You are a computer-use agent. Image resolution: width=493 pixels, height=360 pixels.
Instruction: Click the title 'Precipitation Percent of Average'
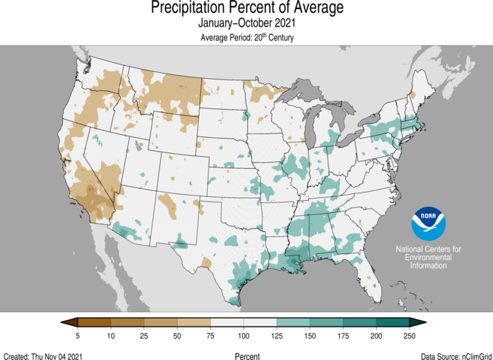246,9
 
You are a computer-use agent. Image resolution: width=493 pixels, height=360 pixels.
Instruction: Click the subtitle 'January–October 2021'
246,23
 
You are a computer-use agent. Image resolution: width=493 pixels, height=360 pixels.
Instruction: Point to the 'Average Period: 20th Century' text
246,37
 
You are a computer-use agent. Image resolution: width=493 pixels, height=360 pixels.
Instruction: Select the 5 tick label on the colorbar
78,335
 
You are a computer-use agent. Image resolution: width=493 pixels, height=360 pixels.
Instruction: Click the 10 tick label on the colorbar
111,335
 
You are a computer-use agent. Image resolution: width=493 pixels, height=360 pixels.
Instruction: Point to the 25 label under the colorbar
144,335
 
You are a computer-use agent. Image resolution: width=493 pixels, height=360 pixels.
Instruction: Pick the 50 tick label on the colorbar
177,335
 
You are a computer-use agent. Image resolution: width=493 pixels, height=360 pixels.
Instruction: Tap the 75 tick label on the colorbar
210,335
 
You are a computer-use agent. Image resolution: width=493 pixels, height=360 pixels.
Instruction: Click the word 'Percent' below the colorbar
246,355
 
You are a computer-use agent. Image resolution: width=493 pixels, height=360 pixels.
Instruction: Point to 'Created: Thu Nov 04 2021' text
44,355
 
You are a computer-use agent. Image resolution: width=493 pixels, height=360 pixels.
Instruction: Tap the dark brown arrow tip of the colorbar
66,323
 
